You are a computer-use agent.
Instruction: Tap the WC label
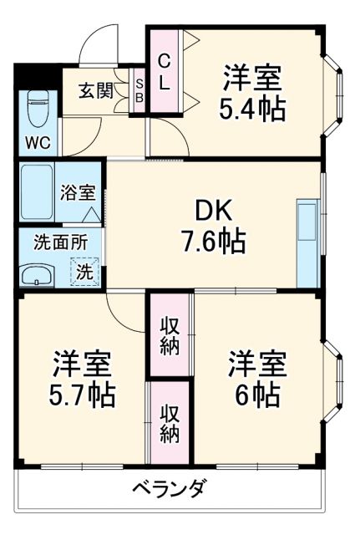tap(36, 141)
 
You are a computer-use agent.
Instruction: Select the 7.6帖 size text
tap(213, 242)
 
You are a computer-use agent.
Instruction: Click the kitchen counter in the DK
tap(307, 242)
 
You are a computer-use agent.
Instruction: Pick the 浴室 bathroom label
tap(78, 191)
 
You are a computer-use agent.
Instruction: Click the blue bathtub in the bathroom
tap(37, 192)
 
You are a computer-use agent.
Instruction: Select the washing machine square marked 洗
tap(84, 272)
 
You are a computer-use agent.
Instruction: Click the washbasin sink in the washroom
tap(37, 274)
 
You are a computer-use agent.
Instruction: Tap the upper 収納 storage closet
tap(170, 334)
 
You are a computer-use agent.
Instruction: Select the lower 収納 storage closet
tap(170, 422)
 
